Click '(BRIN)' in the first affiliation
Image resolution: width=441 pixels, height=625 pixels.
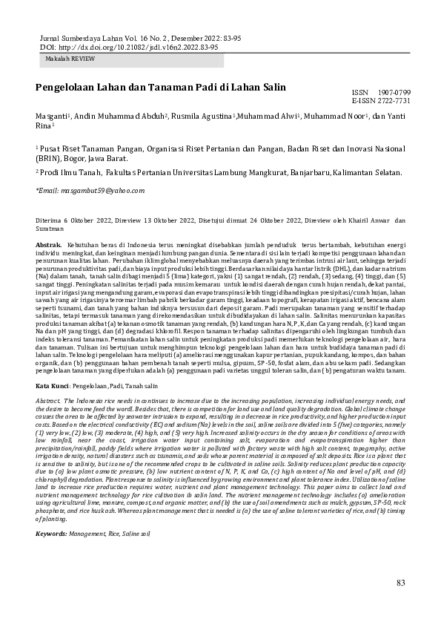tap(50, 158)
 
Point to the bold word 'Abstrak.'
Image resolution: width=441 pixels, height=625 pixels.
tap(48, 244)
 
